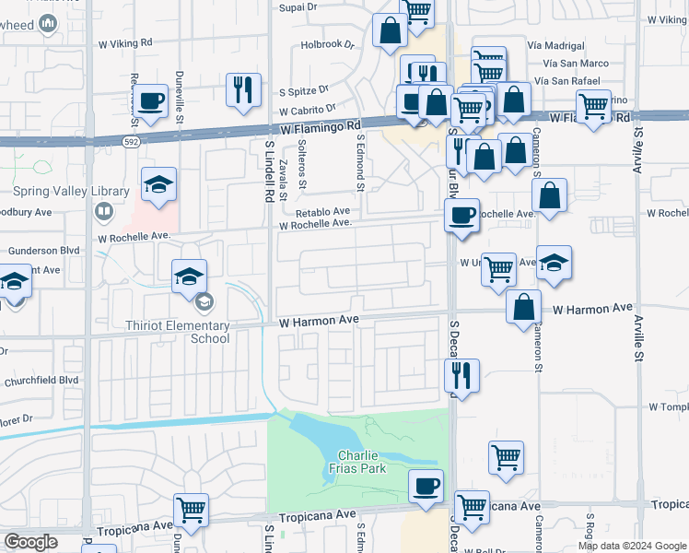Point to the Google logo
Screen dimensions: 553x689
click(30, 542)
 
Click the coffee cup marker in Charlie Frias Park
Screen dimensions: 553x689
click(426, 486)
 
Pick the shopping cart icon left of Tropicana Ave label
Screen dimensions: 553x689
click(191, 509)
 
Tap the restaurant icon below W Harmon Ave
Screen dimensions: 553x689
click(461, 375)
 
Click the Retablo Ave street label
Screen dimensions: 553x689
click(322, 211)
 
